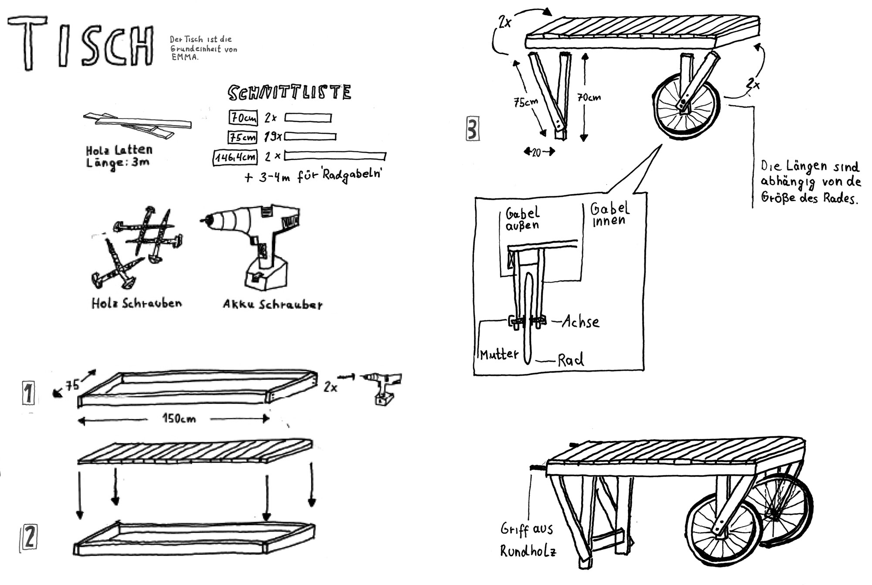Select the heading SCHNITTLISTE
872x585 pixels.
(x=290, y=92)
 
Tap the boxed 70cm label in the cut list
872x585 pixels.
(x=243, y=117)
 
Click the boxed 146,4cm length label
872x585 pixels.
(x=235, y=157)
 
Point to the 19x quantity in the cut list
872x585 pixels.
(x=273, y=137)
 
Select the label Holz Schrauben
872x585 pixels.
(x=136, y=303)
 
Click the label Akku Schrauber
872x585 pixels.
(x=273, y=304)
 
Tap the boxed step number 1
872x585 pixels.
(x=28, y=393)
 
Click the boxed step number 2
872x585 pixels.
(x=28, y=539)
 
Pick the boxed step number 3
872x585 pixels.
(x=473, y=128)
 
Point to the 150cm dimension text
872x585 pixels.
(x=179, y=419)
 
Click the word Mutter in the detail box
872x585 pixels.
(x=499, y=354)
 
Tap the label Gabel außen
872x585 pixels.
(x=522, y=219)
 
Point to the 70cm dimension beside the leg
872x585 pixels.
(x=589, y=97)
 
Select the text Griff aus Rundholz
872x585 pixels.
(x=528, y=540)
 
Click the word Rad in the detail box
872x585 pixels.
(x=571, y=360)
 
